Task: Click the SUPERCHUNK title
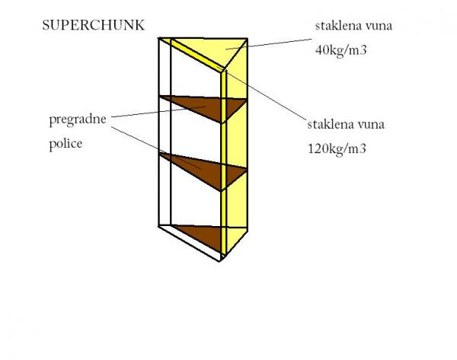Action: point(93,25)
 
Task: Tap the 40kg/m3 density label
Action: point(340,50)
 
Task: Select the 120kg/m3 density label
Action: point(337,149)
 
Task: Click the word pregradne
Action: point(78,119)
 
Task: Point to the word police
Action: point(66,143)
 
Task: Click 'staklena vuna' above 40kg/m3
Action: point(353,26)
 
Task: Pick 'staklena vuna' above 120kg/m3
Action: point(346,124)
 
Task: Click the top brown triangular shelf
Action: point(204,107)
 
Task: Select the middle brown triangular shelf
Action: point(204,170)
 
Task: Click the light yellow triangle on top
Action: point(216,49)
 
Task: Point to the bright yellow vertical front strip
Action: point(223,163)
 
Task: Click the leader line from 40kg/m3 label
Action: point(268,44)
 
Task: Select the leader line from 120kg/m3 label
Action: point(261,94)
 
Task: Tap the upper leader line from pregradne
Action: point(158,112)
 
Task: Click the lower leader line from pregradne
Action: point(156,148)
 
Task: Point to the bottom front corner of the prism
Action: point(220,261)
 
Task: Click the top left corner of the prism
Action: point(159,38)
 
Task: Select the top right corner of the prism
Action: point(248,39)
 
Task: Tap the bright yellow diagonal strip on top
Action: point(193,55)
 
